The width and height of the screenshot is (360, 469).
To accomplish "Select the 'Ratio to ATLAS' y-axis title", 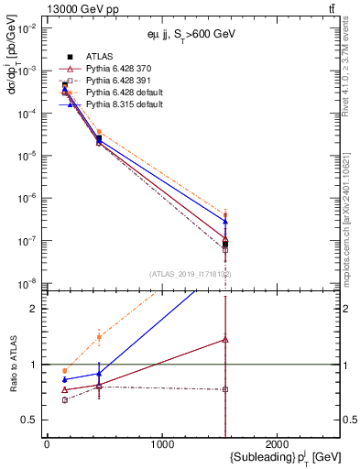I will coord(11,364).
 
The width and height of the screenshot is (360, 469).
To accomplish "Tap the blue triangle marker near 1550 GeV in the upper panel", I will coord(225,222).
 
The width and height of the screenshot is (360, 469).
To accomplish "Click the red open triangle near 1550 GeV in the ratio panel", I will coord(225,339).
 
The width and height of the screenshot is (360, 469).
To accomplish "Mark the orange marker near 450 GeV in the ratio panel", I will coord(99,337).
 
